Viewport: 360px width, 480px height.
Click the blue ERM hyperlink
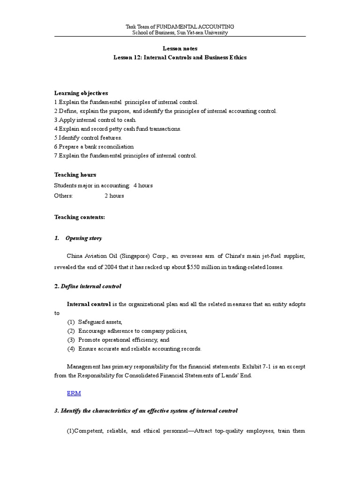74,394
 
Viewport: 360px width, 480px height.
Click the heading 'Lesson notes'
180,48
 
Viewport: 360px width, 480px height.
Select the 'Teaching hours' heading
75,175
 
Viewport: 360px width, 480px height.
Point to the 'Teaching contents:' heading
80,217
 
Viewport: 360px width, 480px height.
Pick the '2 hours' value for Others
114,195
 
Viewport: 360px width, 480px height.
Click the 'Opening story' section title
84,238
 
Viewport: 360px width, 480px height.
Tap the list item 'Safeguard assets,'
100,322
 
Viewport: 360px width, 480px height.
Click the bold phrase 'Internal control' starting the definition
89,304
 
